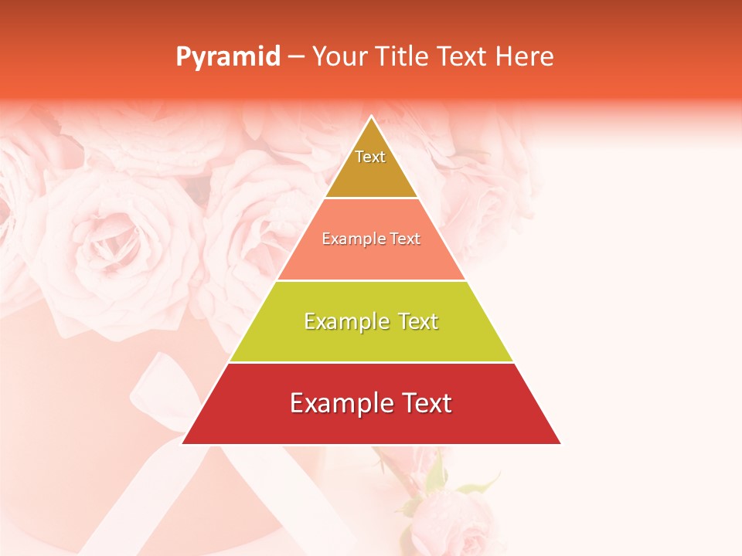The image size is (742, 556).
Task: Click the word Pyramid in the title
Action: (227, 57)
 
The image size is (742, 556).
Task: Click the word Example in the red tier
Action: (336, 403)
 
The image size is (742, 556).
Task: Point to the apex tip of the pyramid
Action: (371, 117)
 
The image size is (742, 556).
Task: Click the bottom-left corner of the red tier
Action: (183, 443)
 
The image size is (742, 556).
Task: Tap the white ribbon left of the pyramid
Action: (155, 386)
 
